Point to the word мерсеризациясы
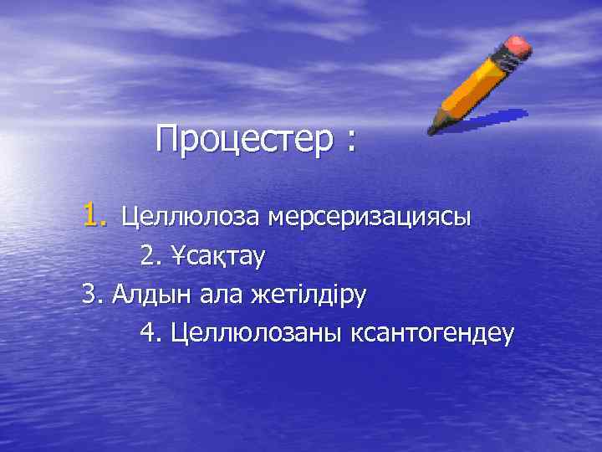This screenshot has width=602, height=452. pos(370,218)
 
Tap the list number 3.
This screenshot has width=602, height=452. pos(90,295)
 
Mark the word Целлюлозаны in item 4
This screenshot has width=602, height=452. pos(251,334)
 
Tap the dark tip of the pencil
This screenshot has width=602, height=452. pos(431,131)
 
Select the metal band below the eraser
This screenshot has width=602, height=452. pos(505,60)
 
